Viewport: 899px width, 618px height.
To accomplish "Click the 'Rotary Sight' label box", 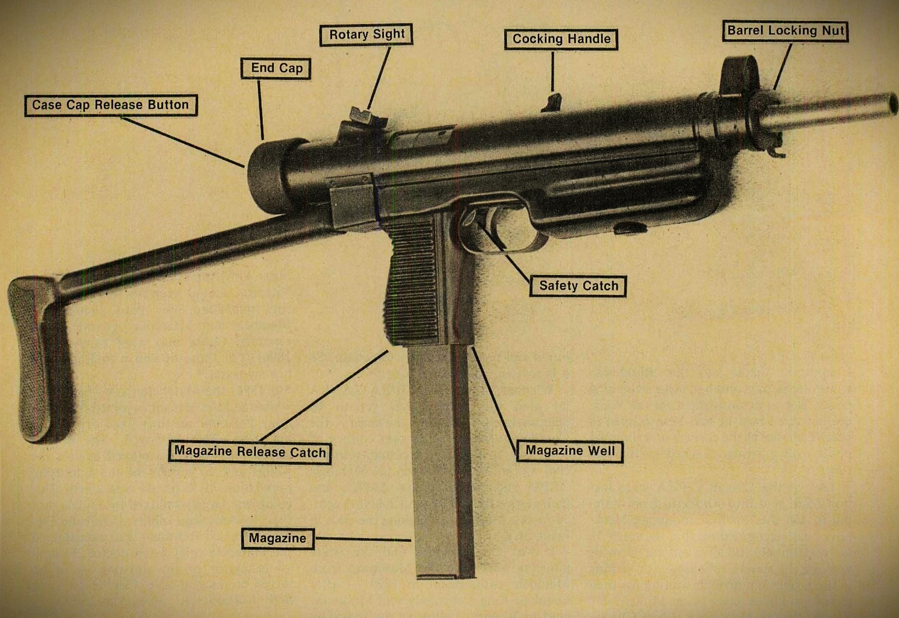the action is pos(366,35).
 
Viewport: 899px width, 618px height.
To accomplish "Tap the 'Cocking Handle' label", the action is pos(561,40).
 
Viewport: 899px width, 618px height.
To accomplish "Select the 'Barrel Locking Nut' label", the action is pos(785,31).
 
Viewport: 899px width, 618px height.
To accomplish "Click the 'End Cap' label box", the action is pos(276,68).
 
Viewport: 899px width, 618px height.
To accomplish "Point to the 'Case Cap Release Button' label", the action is pos(111,105).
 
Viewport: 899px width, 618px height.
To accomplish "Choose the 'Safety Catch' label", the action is pos(578,286).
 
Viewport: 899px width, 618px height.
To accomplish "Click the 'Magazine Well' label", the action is pos(570,451).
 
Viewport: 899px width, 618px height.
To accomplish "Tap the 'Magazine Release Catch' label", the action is pos(249,452).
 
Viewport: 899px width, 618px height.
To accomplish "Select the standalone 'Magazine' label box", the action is pos(277,539).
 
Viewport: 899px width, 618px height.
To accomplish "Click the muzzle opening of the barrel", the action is pos(893,103).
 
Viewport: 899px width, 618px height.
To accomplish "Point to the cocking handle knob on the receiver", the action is pos(551,103).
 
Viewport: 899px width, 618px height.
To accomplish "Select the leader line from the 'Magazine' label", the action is pos(363,539).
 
